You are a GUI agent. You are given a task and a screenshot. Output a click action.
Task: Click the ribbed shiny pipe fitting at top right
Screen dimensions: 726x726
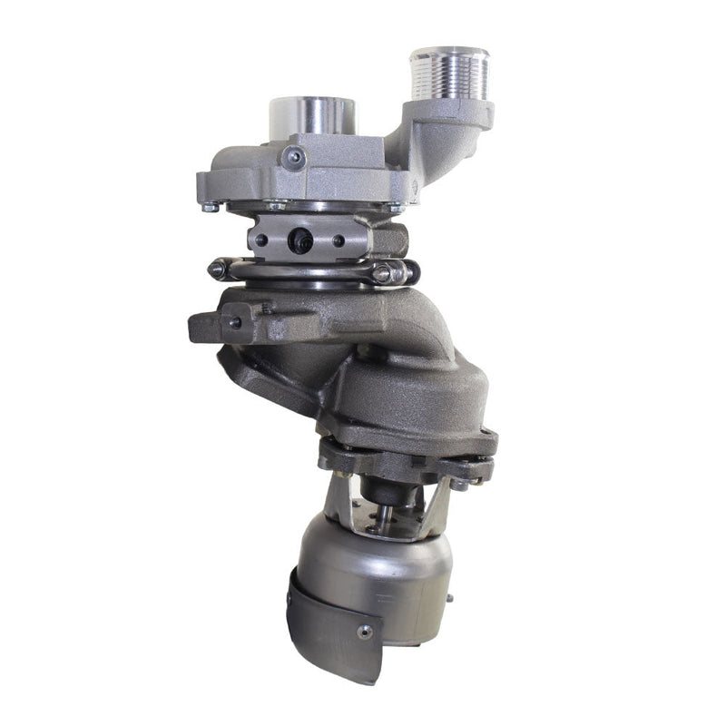click(448, 74)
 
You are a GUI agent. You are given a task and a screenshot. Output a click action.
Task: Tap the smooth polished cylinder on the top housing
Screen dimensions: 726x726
click(312, 116)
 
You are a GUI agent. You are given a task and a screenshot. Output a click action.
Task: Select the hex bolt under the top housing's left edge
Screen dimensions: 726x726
click(211, 207)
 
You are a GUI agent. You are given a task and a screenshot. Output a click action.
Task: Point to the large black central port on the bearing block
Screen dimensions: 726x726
click(300, 240)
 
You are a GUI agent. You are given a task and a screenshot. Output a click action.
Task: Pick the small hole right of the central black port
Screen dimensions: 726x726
click(338, 240)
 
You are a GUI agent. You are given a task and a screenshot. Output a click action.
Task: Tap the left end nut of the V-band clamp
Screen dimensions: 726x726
click(219, 269)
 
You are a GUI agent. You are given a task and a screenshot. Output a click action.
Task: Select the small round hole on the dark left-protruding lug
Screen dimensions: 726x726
click(234, 322)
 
